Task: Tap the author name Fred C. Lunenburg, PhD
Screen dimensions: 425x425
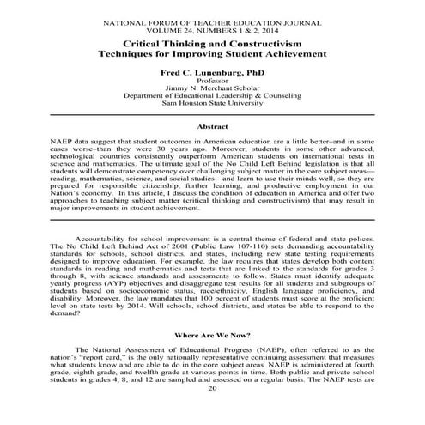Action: pyautogui.click(x=213, y=74)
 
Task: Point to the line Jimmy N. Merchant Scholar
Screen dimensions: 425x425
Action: pyautogui.click(x=213, y=92)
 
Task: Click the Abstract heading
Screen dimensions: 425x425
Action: pyautogui.click(x=213, y=127)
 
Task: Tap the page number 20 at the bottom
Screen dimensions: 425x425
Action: pyautogui.click(x=213, y=414)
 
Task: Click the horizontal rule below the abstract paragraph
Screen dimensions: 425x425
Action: pyautogui.click(x=213, y=220)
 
